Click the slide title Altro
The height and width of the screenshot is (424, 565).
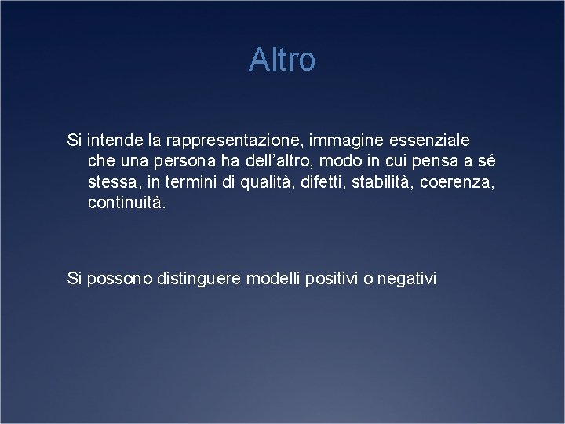coord(282,60)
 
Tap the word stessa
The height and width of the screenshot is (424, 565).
coord(112,182)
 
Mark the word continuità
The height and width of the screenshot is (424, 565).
coord(127,203)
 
